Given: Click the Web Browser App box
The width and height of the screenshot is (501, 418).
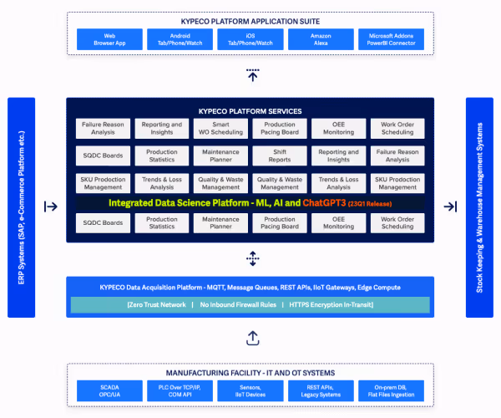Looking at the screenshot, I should pyautogui.click(x=104, y=39).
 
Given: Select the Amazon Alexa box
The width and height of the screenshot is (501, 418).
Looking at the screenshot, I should pyautogui.click(x=321, y=39).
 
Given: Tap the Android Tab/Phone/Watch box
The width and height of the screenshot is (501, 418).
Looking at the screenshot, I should pyautogui.click(x=175, y=39).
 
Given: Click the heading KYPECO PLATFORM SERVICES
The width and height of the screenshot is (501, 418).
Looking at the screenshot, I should pyautogui.click(x=250, y=111).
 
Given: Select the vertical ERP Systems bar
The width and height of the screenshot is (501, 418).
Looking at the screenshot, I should pyautogui.click(x=21, y=207).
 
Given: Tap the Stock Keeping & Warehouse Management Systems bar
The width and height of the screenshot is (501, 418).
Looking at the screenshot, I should pyautogui.click(x=479, y=207).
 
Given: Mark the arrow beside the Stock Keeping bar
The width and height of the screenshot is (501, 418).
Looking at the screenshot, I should pyautogui.click(x=450, y=206).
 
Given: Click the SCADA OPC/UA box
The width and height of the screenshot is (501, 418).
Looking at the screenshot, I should pyautogui.click(x=104, y=390).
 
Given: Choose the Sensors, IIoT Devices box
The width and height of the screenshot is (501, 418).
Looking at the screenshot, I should pyautogui.click(x=249, y=390).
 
